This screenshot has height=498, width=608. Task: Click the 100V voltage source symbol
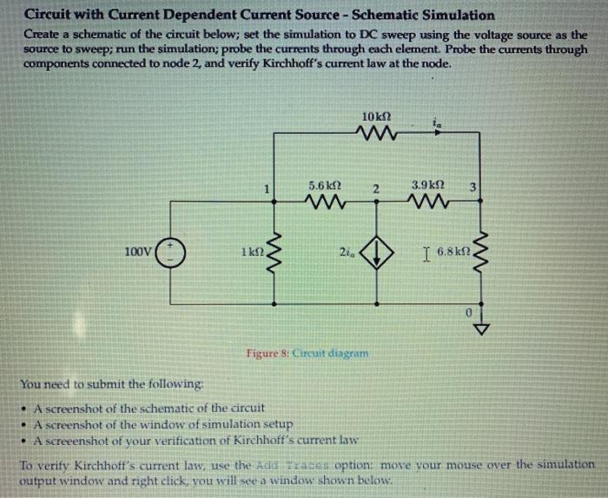tap(169, 252)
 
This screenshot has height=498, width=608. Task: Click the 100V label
tap(138, 252)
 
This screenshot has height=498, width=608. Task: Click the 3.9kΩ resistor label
tap(428, 186)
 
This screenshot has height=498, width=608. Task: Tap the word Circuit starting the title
tap(48, 15)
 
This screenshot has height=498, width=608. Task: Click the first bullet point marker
tap(24, 408)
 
